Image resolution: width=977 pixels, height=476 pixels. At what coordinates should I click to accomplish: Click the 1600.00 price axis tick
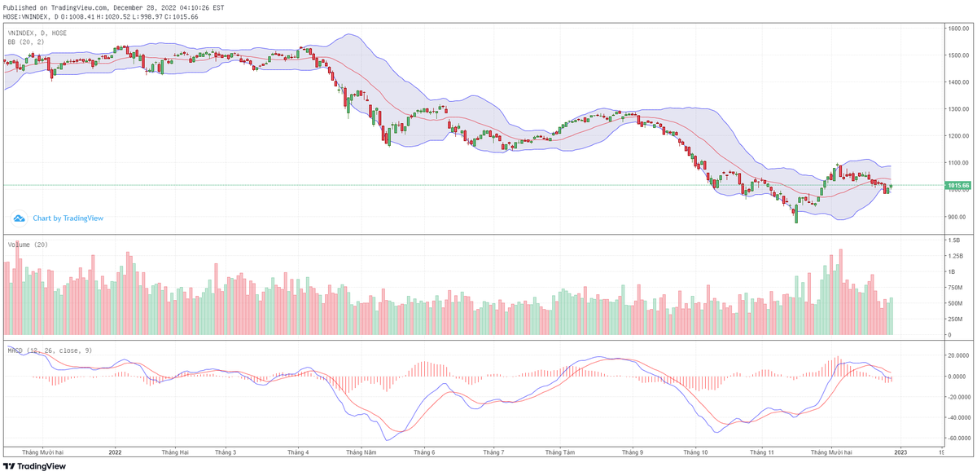[956, 29]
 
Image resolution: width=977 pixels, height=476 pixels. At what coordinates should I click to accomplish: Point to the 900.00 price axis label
[956, 217]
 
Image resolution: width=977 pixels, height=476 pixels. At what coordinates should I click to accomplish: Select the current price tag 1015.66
[957, 186]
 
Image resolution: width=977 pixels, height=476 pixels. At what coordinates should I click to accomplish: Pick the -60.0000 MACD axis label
[956, 438]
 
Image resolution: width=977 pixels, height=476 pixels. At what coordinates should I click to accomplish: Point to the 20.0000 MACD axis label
[956, 355]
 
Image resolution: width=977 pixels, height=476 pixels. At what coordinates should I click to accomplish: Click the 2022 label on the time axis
[115, 452]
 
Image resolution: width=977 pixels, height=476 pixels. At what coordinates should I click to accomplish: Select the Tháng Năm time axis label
[361, 452]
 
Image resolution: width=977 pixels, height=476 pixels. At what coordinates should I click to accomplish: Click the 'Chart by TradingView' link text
[68, 218]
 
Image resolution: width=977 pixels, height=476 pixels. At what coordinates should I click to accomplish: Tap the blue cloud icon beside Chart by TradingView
[20, 218]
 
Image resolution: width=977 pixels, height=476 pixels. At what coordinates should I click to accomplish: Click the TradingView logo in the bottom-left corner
[34, 467]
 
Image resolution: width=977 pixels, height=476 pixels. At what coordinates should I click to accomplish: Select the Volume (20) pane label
[28, 244]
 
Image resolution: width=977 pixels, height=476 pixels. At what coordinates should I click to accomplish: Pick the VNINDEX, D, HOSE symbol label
[37, 33]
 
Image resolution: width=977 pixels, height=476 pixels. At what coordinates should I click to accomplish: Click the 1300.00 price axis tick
[956, 109]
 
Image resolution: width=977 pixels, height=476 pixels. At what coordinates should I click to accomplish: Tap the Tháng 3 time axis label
[225, 452]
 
